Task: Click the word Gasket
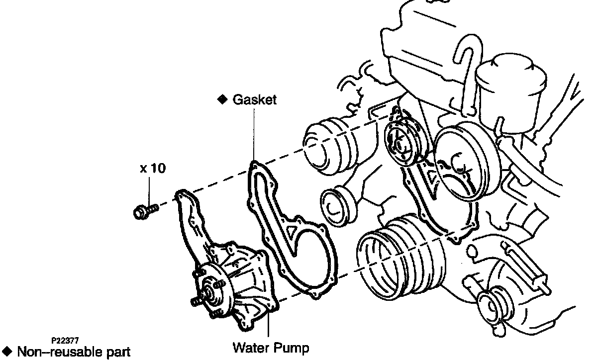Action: click(x=254, y=99)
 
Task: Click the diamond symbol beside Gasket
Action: click(x=222, y=99)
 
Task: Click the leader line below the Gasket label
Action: click(x=254, y=134)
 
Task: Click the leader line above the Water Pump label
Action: click(x=269, y=326)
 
